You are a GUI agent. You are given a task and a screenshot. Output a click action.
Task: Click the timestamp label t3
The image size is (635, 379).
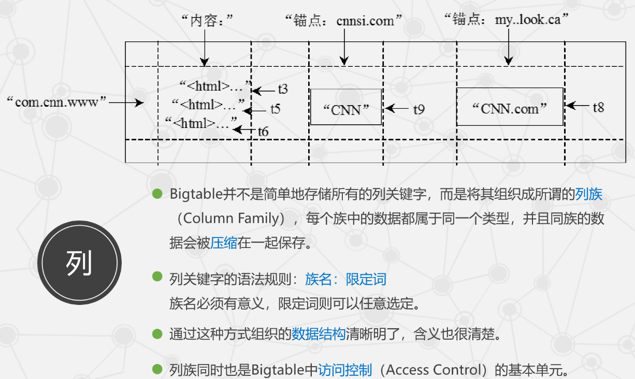[x=282, y=90]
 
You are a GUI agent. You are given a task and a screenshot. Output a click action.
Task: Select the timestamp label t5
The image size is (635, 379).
[x=275, y=109]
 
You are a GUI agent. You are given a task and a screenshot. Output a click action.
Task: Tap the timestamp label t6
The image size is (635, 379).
[x=263, y=132]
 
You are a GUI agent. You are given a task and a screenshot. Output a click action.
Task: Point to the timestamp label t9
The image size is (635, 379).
[x=418, y=109]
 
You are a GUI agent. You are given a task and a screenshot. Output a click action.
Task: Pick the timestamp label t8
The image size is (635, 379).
[x=598, y=107]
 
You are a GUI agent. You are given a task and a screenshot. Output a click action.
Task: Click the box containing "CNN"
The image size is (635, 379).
[x=346, y=107]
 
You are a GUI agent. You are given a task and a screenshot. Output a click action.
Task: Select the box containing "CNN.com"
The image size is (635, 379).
[x=510, y=107]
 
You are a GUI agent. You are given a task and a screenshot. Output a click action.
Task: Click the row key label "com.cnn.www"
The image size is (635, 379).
[x=56, y=102]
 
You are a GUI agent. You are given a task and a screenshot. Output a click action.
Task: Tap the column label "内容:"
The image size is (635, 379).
[x=205, y=21]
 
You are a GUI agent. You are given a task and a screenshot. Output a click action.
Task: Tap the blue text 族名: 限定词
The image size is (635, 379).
[x=345, y=280]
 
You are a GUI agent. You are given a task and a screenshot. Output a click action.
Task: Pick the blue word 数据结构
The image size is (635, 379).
[x=318, y=334]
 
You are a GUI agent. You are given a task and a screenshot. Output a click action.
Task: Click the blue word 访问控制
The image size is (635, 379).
[x=345, y=370]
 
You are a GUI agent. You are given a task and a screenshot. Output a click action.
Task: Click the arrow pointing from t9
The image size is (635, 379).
[x=397, y=109]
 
